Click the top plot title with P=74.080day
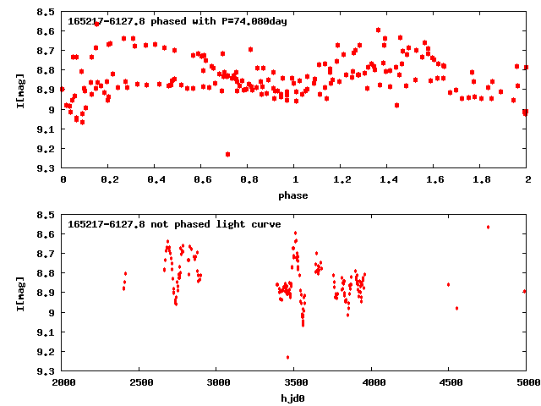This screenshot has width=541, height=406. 178,21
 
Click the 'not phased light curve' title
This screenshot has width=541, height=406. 174,224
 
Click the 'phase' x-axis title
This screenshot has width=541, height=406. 294,195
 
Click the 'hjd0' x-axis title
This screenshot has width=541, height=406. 294,398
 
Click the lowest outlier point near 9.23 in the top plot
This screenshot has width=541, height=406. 228,154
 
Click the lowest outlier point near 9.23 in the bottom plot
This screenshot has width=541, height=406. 288,357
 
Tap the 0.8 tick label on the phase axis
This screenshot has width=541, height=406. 249,181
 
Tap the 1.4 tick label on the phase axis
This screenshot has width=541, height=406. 388,181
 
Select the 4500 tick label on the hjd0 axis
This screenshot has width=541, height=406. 450,384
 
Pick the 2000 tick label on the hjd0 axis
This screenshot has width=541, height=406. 63,384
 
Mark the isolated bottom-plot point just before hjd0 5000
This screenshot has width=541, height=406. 525,291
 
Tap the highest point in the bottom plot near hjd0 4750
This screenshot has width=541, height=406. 488,227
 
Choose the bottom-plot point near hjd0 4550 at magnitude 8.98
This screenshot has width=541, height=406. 456,308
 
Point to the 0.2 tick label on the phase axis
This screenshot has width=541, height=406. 109,181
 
